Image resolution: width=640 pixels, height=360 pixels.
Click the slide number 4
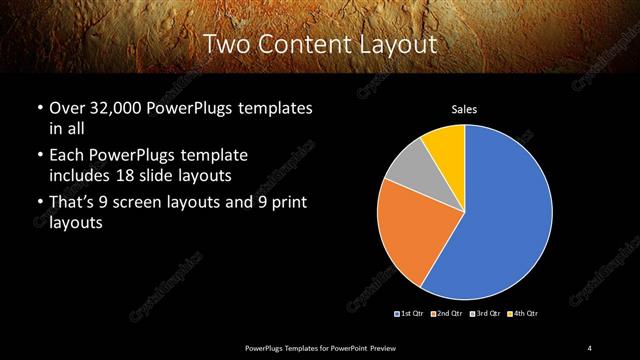pos(590,347)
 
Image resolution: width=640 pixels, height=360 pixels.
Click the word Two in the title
pos(228,44)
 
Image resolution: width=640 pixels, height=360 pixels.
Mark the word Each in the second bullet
pos(66,156)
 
